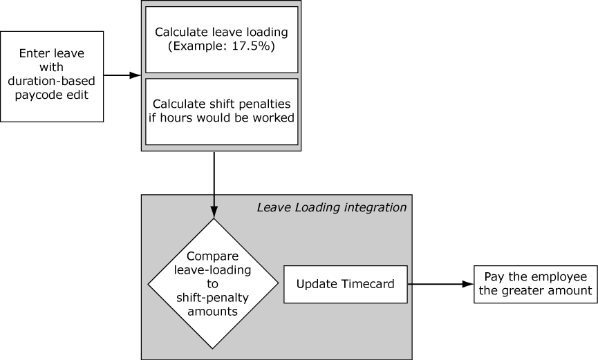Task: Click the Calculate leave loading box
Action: [x=221, y=39]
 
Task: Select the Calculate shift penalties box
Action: [x=221, y=111]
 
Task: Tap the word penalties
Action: [x=265, y=104]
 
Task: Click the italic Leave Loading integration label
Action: [x=332, y=207]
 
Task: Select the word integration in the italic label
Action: [x=374, y=207]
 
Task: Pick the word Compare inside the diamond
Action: [x=213, y=255]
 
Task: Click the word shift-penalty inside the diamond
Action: [x=213, y=297]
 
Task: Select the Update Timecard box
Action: [x=345, y=284]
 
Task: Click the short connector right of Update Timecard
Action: [x=410, y=284]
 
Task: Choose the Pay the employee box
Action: [x=536, y=284]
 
